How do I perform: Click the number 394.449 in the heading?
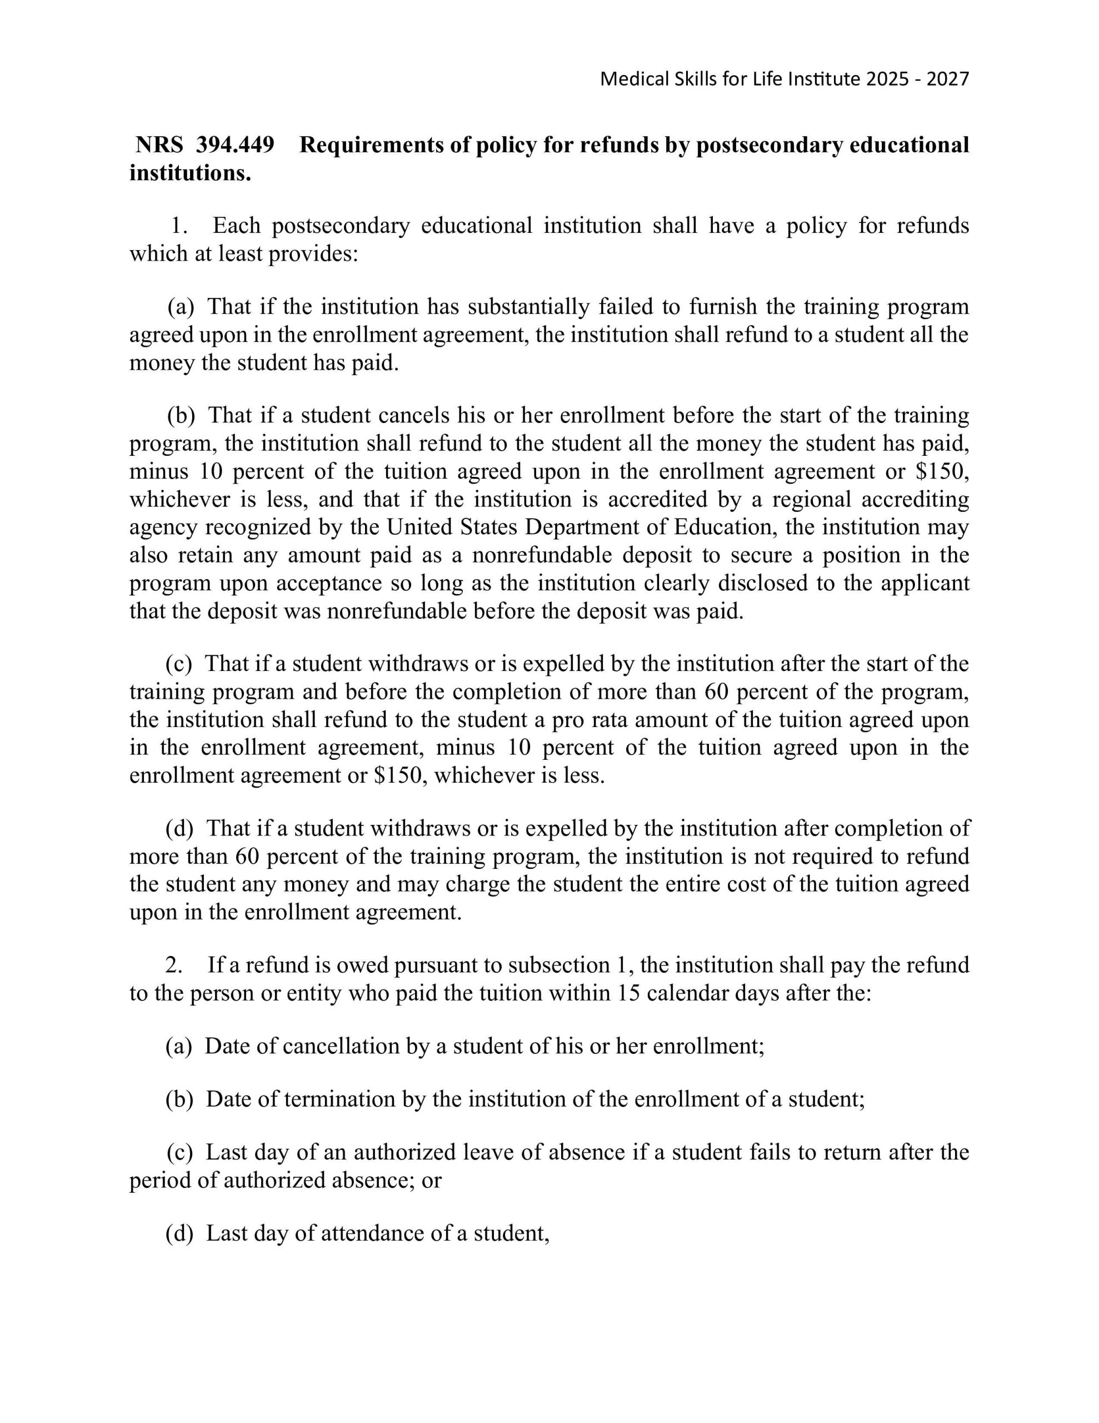tap(235, 145)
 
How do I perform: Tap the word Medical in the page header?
tap(625, 79)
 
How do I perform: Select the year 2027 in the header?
tap(948, 79)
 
